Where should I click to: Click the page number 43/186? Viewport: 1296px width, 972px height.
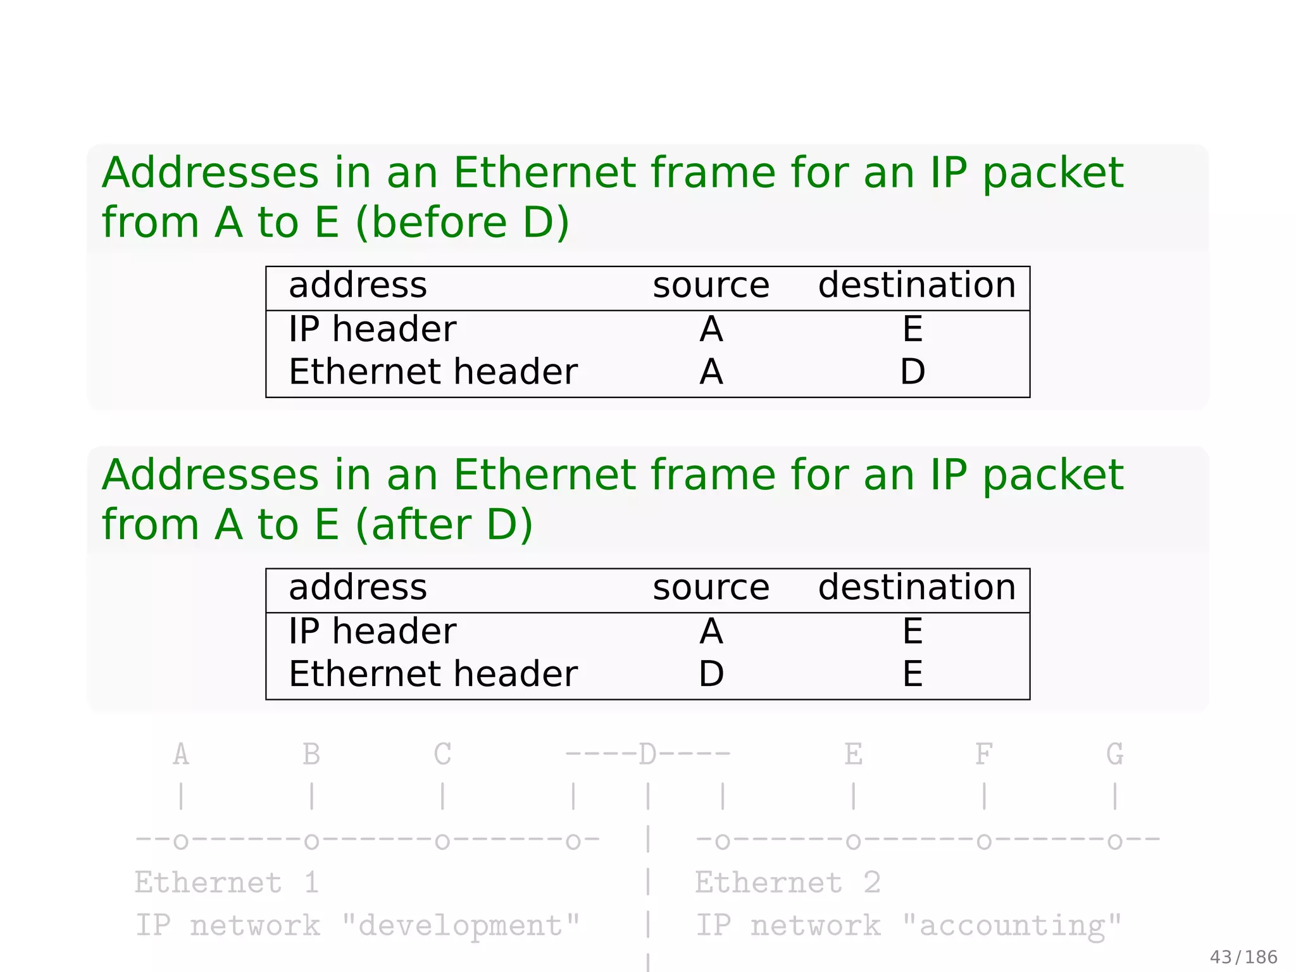tap(1243, 957)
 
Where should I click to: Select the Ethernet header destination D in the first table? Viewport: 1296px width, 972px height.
tap(912, 371)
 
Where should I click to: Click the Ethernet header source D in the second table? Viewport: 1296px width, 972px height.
tap(711, 674)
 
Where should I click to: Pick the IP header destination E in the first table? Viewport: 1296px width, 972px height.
tap(912, 329)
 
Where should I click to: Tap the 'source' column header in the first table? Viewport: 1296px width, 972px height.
tap(711, 285)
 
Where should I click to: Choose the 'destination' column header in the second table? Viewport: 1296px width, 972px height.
tap(916, 587)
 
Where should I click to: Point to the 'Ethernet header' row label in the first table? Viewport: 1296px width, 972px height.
tap(433, 371)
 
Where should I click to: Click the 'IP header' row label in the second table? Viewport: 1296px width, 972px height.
tap(372, 632)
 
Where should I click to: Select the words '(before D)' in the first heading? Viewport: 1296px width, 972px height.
tap(463, 223)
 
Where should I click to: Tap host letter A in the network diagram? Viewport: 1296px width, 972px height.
tap(181, 754)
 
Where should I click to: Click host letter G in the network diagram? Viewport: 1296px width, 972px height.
tap(1114, 754)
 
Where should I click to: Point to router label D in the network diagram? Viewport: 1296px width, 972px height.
tap(647, 754)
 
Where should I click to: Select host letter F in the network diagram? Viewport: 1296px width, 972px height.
tap(983, 754)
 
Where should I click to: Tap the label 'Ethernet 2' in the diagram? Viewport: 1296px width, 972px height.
tap(787, 883)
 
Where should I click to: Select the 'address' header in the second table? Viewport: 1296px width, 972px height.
tap(358, 587)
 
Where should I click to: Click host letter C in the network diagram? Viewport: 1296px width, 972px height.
tap(442, 754)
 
